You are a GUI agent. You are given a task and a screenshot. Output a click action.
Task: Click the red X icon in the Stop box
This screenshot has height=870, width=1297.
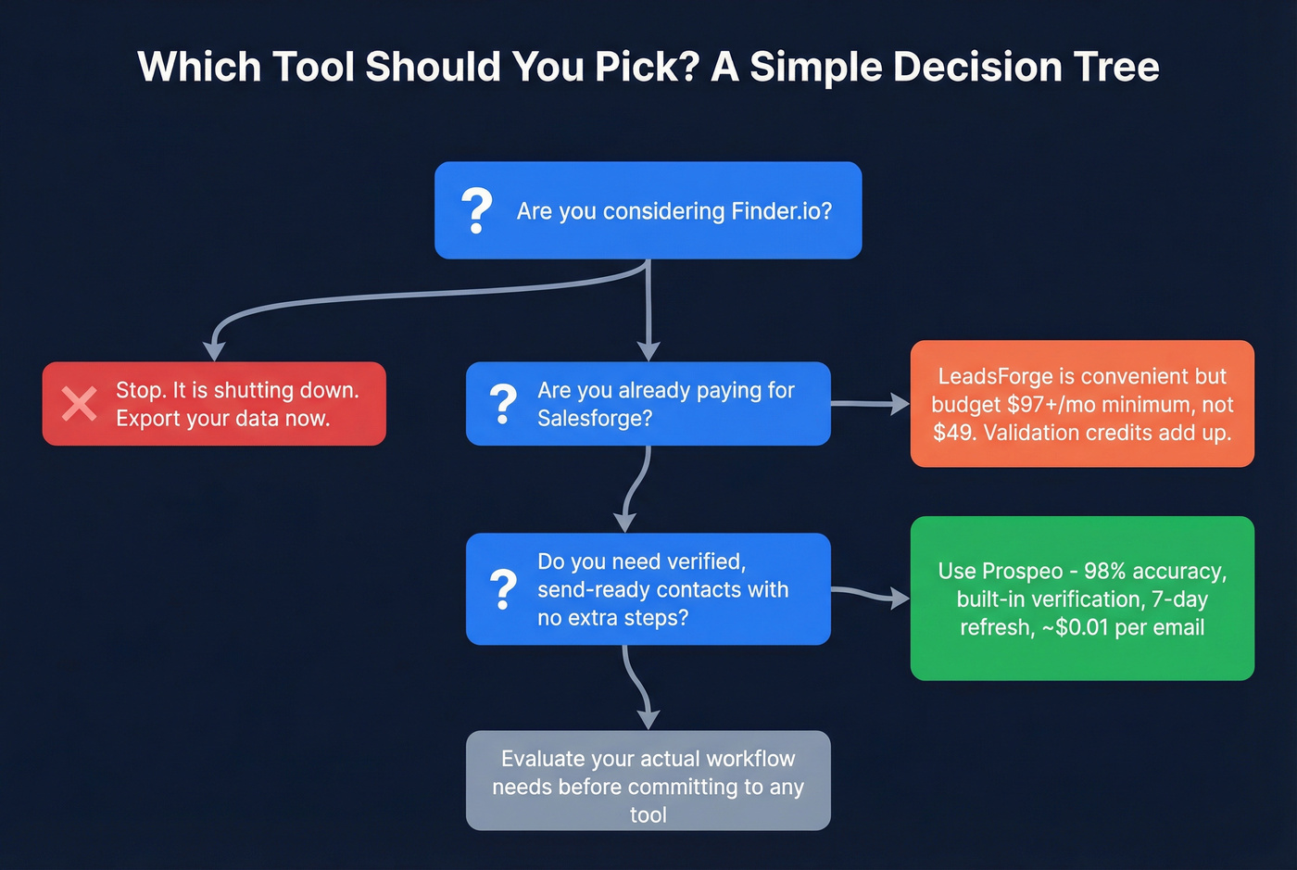79,404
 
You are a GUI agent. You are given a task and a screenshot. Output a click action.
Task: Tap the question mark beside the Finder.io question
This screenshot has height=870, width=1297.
476,211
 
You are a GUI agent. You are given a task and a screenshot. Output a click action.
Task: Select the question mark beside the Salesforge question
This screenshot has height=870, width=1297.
502,404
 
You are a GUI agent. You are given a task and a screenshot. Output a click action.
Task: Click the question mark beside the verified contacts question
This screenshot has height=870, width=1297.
502,589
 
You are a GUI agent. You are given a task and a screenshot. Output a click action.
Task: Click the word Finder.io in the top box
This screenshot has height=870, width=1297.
781,211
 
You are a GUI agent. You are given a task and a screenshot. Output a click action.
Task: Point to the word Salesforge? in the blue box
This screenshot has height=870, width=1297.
595,419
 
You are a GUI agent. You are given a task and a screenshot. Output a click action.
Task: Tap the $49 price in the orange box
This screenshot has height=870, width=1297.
953,433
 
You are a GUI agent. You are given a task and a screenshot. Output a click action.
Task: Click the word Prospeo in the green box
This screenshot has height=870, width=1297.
1022,571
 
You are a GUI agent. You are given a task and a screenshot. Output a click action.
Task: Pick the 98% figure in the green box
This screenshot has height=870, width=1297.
1104,571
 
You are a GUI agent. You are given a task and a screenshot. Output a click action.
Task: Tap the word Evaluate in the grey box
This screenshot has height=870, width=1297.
542,759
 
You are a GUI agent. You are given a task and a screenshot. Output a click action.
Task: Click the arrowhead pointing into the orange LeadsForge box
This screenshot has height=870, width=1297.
899,404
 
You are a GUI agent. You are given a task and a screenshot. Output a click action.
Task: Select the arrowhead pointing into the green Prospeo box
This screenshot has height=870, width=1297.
899,599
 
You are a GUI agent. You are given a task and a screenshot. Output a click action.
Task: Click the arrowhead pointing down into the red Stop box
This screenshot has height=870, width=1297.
214,350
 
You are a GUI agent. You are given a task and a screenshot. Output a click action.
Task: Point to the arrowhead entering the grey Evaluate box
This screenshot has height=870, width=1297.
648,719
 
